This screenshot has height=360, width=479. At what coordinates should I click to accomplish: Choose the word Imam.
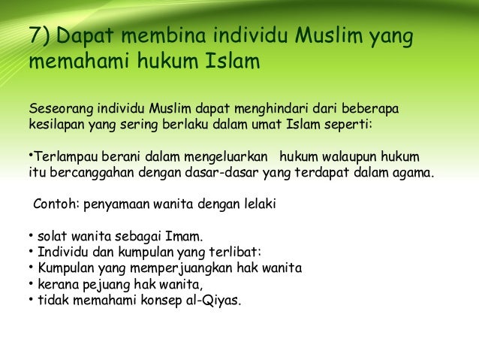click(x=186, y=237)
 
